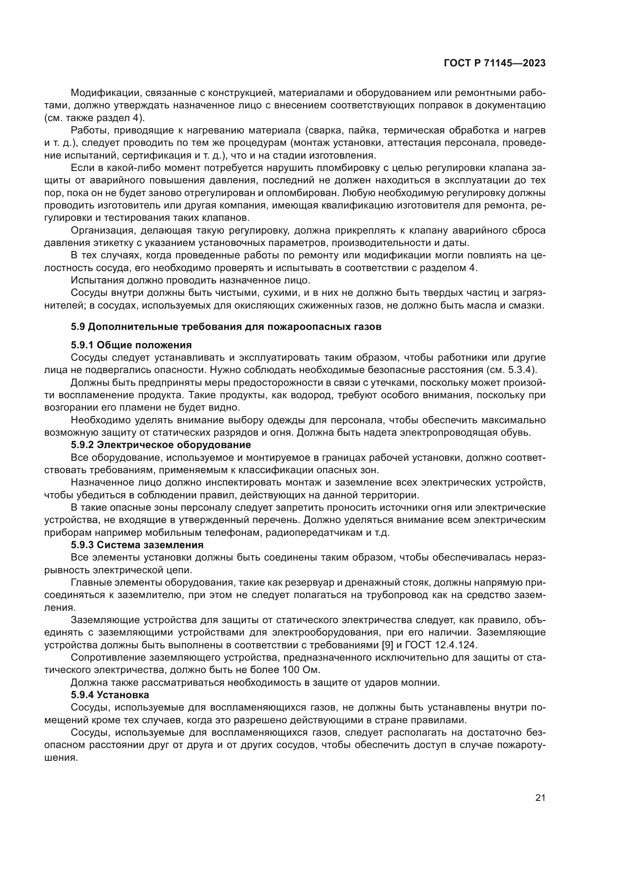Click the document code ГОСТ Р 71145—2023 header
pyautogui.click(x=494, y=63)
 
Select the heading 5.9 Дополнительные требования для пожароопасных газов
pyautogui.click(x=226, y=327)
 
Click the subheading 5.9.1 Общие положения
pyautogui.click(x=131, y=345)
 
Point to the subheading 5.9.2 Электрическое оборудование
pyautogui.click(x=161, y=445)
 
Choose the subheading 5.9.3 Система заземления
pyautogui.click(x=137, y=545)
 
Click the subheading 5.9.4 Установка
pyautogui.click(x=110, y=694)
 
